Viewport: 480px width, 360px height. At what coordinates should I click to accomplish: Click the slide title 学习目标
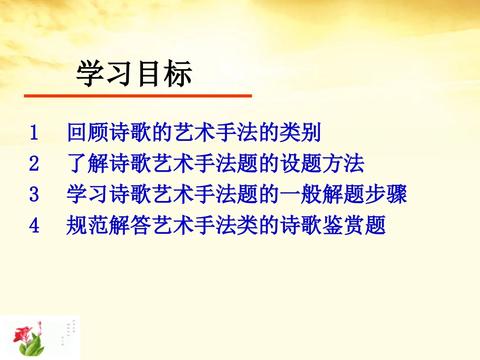[x=134, y=75]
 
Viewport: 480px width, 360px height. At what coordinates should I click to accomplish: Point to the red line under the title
[x=137, y=95]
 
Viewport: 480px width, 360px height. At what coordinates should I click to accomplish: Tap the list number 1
[x=34, y=133]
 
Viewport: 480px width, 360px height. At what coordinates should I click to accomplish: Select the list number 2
[x=34, y=164]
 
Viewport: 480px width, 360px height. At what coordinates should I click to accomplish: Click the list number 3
[x=34, y=195]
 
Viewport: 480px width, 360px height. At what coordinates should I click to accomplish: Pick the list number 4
[x=34, y=226]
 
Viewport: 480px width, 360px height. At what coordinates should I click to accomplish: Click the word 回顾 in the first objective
[x=82, y=133]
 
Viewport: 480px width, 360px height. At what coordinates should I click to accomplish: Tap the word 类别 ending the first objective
[x=305, y=133]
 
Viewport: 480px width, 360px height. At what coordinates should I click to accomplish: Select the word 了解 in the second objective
[x=82, y=164]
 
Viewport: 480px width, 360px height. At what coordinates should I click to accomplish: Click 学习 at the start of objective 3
[x=82, y=195]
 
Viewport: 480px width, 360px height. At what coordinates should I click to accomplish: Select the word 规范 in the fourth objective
[x=82, y=226]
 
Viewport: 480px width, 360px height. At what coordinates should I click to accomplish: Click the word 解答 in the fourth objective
[x=126, y=226]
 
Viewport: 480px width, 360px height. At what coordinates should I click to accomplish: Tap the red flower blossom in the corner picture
[x=23, y=333]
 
